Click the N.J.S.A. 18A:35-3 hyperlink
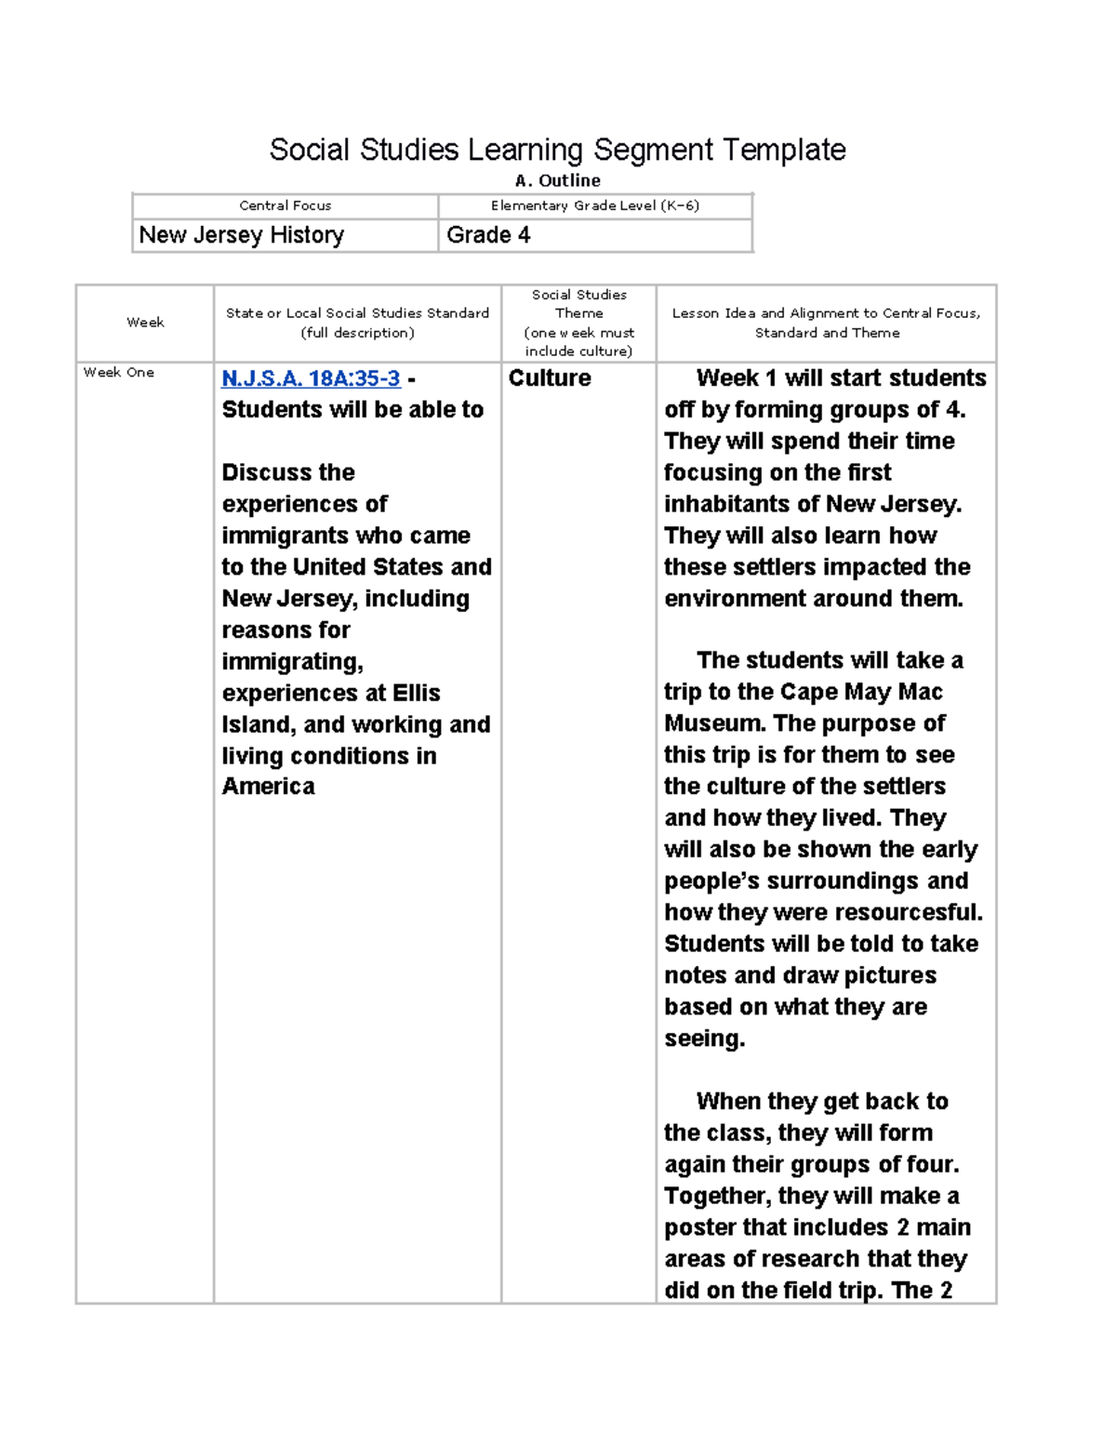311,378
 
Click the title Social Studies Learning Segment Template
557,150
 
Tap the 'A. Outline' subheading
557,180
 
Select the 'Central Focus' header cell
285,205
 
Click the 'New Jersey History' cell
242,235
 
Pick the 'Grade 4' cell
488,235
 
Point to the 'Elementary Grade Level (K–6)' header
594,205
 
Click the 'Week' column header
145,323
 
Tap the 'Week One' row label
119,372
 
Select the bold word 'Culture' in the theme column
550,378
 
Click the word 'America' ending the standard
268,787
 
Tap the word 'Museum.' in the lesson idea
714,723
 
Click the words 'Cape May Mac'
861,692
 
